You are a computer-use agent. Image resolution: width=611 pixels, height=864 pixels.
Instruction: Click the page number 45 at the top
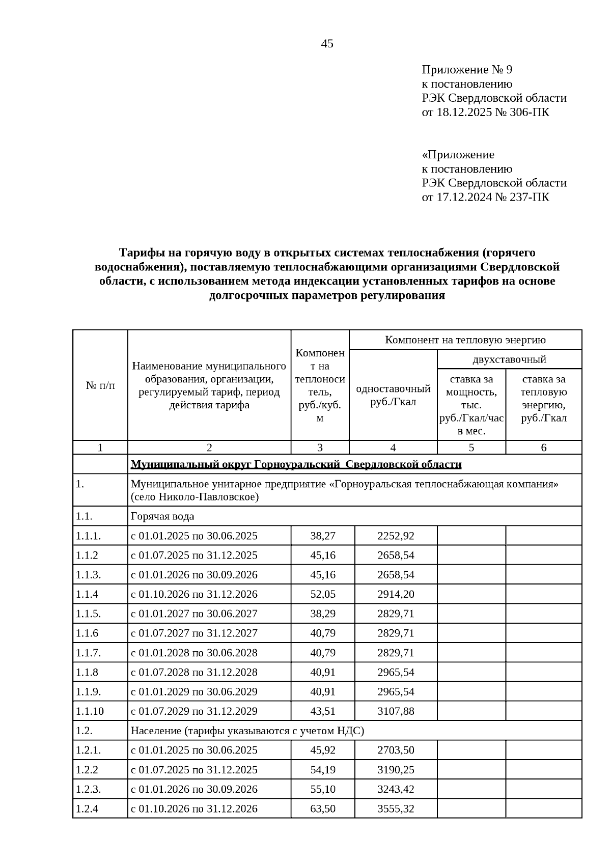tap(327, 44)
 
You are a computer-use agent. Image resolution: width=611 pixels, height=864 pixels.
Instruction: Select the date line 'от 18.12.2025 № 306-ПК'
tap(485, 112)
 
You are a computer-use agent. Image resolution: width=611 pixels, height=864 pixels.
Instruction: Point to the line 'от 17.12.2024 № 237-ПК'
tap(485, 197)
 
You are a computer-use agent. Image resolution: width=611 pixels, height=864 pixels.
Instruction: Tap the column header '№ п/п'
tap(100, 385)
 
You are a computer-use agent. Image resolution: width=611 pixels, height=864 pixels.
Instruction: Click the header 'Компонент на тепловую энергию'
tap(465, 340)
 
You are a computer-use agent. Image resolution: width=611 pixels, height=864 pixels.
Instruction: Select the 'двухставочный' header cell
tap(509, 359)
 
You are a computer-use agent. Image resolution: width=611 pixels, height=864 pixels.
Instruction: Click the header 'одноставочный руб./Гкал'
tap(393, 395)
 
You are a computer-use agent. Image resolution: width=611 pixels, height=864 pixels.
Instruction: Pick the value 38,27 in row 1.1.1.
tap(323, 536)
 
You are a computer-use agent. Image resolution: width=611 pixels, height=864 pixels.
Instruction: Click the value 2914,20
tap(396, 594)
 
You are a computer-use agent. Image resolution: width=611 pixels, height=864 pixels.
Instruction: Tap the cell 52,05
tap(323, 594)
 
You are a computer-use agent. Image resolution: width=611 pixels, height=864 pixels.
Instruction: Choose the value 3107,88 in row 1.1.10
tap(396, 711)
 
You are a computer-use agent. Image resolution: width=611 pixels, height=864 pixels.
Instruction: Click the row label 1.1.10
tap(90, 711)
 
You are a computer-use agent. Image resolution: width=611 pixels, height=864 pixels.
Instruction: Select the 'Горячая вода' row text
tap(162, 516)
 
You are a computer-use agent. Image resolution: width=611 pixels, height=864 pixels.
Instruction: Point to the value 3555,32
tap(396, 809)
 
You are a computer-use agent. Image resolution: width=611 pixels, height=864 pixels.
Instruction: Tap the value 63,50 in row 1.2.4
tap(323, 809)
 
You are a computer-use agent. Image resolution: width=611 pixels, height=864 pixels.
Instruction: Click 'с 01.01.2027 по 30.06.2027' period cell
tap(194, 614)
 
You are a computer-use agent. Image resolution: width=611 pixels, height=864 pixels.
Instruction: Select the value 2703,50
tap(396, 750)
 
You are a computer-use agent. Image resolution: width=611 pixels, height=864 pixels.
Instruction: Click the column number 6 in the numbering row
tap(543, 448)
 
